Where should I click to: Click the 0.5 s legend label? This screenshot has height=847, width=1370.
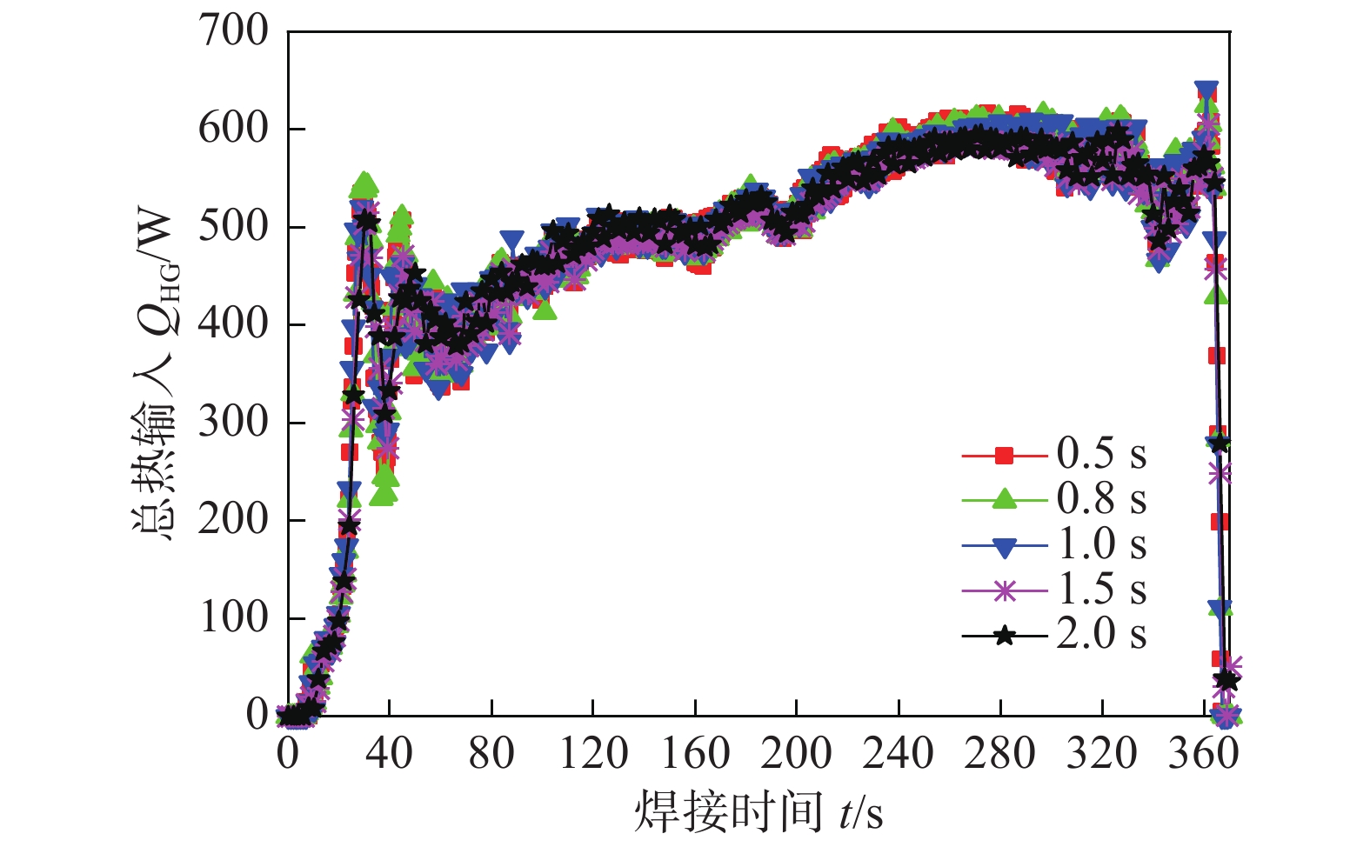coord(1101,454)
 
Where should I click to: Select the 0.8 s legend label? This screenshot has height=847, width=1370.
coord(1101,499)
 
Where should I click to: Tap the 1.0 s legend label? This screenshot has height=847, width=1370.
coord(1101,544)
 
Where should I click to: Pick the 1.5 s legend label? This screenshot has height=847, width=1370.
coord(1101,590)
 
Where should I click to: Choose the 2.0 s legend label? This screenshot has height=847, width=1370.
coord(1101,634)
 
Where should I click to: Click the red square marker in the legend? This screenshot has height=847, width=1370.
coord(1005,455)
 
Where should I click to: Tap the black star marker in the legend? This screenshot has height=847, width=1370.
coord(1005,636)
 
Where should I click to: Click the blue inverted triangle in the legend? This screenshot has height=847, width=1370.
coord(1005,547)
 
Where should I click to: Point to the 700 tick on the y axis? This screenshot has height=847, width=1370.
coord(234,31)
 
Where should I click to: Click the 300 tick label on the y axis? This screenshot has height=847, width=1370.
coord(234,423)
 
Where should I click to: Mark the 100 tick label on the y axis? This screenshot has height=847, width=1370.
coord(234,618)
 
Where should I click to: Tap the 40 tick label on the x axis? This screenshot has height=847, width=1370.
coord(390,753)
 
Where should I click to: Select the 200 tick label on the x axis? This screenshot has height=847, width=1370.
coord(796,753)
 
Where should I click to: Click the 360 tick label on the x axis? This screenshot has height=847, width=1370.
coord(1203,753)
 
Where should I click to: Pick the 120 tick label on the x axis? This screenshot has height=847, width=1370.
coord(592,753)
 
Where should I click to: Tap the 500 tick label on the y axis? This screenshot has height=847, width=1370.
coord(234,227)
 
